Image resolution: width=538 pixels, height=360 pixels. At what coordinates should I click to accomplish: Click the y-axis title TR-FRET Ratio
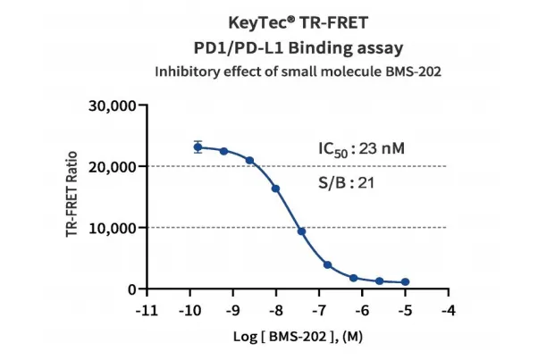[x=71, y=197]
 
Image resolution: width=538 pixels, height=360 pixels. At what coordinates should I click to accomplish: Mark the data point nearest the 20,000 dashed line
[x=249, y=161]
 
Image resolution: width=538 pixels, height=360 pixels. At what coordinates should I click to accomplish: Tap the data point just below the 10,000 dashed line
[x=301, y=231]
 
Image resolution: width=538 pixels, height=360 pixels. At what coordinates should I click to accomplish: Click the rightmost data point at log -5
[x=405, y=282]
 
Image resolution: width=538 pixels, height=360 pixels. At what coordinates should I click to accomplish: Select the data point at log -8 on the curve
[x=275, y=188]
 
